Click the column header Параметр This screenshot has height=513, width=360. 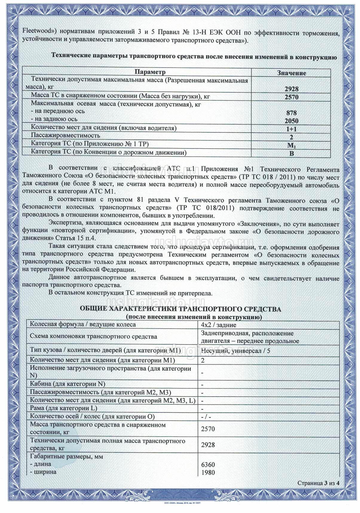[x=150, y=72]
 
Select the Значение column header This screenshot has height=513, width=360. [x=291, y=73]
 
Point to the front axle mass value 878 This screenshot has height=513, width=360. [x=291, y=113]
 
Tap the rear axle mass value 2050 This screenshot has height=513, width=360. [x=291, y=121]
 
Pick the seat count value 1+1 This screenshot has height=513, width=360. [x=291, y=129]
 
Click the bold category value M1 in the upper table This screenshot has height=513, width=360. [x=291, y=145]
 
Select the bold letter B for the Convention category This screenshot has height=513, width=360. [x=292, y=153]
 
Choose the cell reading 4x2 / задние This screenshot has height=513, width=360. [x=219, y=325]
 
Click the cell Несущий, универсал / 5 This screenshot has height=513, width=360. [x=235, y=351]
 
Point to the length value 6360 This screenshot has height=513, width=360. [x=208, y=465]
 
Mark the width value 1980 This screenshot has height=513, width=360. [x=208, y=472]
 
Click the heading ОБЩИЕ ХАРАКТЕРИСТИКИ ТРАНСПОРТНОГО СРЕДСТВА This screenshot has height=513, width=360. [x=180, y=309]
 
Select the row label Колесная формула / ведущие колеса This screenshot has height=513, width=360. [x=83, y=325]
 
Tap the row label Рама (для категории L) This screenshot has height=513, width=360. [x=64, y=408]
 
